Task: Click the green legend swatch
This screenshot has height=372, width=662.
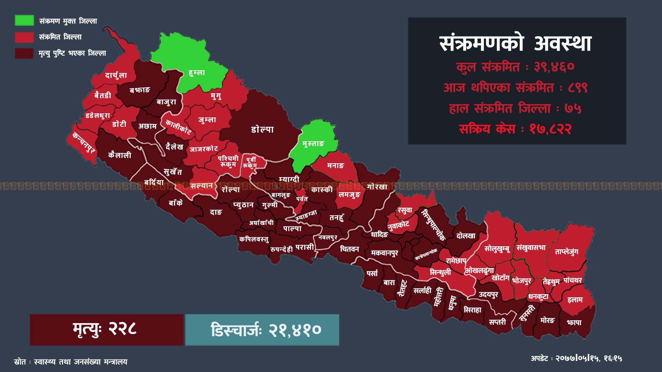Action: click(24, 20)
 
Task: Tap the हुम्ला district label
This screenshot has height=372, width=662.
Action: click(197, 73)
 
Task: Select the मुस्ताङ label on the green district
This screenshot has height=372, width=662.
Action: click(313, 144)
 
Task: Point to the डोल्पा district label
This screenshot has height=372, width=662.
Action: click(262, 130)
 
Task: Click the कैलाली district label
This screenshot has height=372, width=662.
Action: click(120, 155)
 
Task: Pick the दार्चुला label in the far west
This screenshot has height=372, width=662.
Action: click(116, 75)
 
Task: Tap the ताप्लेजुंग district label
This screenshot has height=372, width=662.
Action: click(566, 252)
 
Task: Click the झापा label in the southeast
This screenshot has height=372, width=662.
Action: click(574, 322)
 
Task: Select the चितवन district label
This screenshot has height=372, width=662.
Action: click(349, 249)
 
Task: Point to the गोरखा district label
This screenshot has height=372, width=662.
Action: click(377, 187)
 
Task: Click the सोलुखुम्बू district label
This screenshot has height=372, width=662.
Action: click(497, 248)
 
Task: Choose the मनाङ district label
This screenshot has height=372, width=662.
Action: click(335, 166)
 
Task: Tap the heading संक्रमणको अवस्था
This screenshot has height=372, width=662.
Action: click(516, 44)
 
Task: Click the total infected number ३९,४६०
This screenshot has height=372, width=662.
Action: click(554, 67)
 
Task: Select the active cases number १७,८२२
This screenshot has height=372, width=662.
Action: click(551, 129)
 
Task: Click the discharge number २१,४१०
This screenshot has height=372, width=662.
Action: click(295, 330)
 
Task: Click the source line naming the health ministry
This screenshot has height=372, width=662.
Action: click(71, 362)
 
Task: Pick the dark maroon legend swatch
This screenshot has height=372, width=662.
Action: click(24, 53)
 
